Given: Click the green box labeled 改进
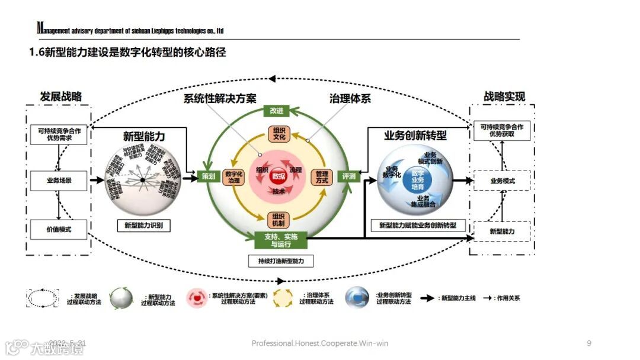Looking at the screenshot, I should [x=276, y=111].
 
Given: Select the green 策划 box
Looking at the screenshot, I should [x=208, y=176].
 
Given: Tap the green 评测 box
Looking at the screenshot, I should [x=348, y=176].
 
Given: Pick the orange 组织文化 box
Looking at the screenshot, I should [x=279, y=133].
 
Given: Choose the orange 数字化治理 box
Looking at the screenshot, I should [x=235, y=178].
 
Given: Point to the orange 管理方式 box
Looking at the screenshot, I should [x=322, y=178].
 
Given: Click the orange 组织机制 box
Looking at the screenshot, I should [x=279, y=220].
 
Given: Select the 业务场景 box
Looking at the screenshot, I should [x=59, y=180].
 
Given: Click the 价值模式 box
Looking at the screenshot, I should [x=59, y=229].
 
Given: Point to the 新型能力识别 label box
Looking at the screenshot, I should [x=143, y=225].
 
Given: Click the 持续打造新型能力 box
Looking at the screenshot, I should [x=281, y=261].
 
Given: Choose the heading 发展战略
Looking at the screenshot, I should [x=60, y=97].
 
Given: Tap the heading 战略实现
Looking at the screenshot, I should [x=504, y=97].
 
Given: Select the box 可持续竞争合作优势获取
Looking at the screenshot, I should [x=502, y=130].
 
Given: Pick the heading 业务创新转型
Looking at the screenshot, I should [x=415, y=136].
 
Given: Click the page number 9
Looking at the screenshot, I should [x=588, y=343].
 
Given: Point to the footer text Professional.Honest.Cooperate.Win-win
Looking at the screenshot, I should [x=320, y=343].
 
